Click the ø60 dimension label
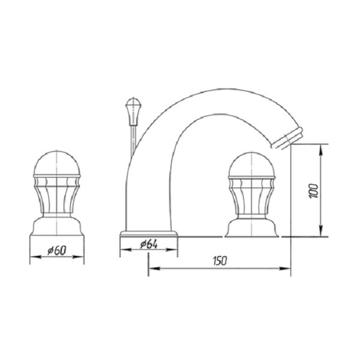point(57,250)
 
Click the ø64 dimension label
point(149,244)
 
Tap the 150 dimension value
point(220,261)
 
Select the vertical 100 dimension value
point(313,191)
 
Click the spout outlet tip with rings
point(287,138)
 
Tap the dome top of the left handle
point(57,163)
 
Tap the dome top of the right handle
point(251,164)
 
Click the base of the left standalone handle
point(57,226)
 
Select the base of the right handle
point(251,228)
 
